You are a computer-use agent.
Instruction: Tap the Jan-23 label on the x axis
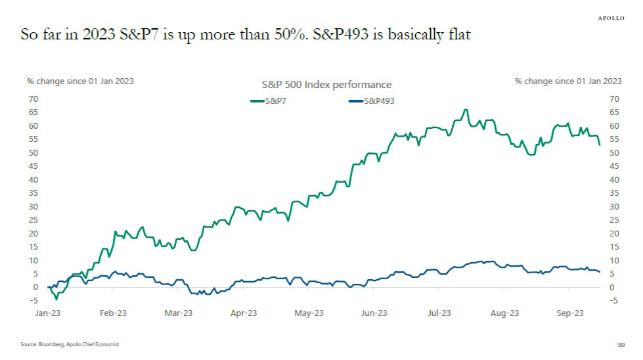point(48,313)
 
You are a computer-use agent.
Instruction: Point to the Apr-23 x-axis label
point(243,313)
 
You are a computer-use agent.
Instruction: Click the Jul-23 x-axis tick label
point(439,313)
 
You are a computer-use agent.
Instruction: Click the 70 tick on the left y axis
point(32,99)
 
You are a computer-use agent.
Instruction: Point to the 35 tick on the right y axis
point(615,193)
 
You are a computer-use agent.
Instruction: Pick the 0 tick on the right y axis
point(613,287)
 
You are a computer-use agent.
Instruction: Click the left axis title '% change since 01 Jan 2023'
point(80,81)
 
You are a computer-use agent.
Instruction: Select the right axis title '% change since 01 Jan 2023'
point(568,81)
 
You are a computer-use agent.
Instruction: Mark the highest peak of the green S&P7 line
point(465,110)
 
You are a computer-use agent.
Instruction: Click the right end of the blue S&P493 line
point(599,272)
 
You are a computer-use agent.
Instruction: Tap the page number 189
point(621,344)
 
